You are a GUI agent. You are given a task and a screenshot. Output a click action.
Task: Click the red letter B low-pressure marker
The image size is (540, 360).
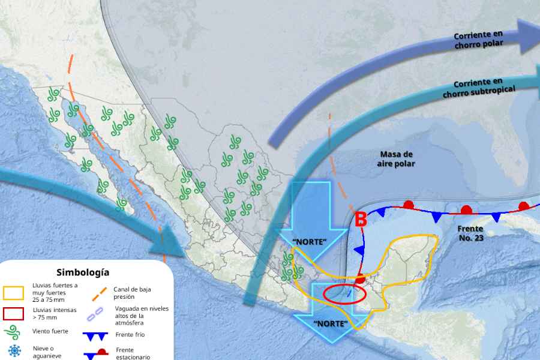point(361,220)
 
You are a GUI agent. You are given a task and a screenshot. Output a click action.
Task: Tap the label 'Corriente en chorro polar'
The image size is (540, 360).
point(478,40)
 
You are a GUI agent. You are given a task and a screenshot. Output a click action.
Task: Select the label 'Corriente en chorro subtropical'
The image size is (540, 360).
point(479,88)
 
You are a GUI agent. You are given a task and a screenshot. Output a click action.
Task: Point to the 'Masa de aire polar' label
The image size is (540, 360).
point(397,159)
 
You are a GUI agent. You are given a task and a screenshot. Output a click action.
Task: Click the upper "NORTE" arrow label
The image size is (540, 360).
point(309,242)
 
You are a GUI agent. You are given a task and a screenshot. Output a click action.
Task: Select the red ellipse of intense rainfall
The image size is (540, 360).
point(344,295)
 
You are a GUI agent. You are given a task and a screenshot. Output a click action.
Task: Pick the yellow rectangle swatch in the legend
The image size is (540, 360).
point(13,293)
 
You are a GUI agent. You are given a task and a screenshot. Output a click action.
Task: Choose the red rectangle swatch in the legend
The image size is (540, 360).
point(13,313)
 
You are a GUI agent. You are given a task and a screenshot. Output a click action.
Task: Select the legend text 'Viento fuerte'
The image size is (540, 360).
point(50,331)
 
